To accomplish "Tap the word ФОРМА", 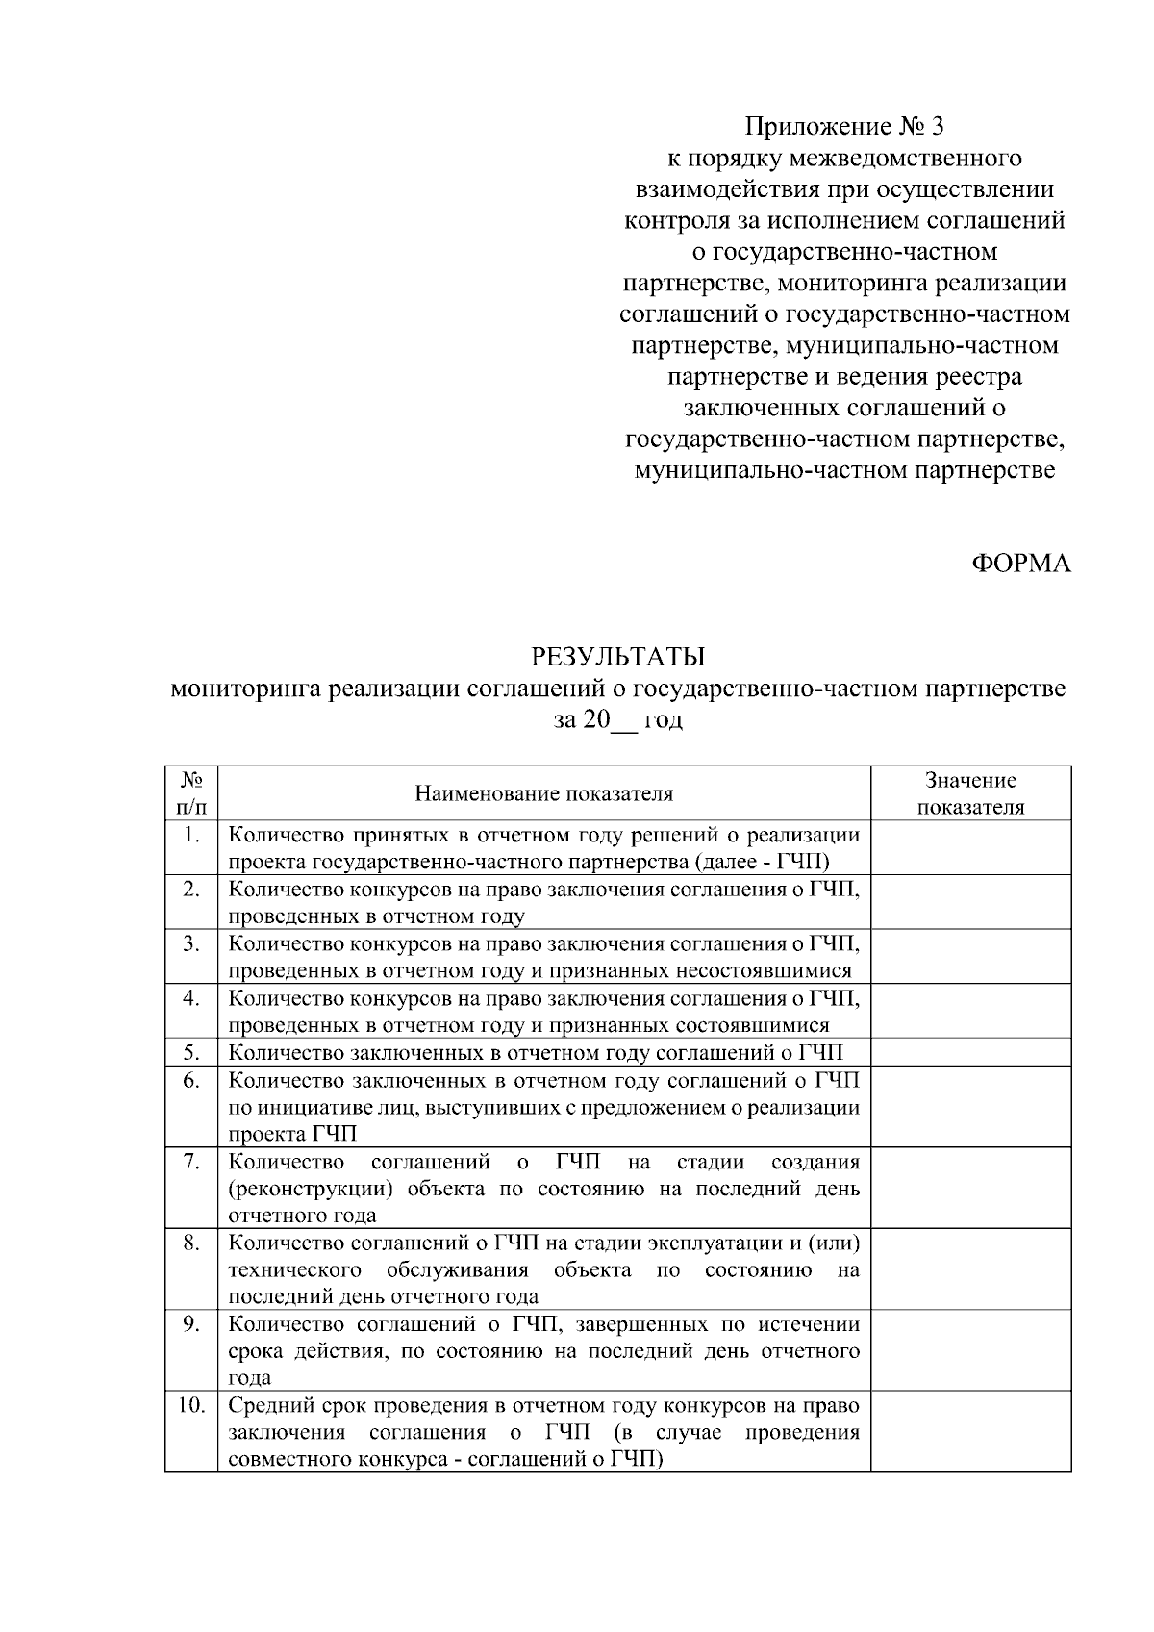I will point(1020,564).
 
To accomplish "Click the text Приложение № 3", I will point(845,126).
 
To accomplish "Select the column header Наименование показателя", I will point(543,793).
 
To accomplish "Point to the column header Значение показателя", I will point(970,793).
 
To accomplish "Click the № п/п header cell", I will point(191,793).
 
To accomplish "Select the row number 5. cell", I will point(191,1052).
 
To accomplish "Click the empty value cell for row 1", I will point(970,847).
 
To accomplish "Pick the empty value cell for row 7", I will point(970,1188).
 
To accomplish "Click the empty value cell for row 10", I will point(970,1431).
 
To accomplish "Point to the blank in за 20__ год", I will point(624,721).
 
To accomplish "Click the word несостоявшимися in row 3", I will point(775,971).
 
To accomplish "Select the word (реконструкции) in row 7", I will point(311,1189).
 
